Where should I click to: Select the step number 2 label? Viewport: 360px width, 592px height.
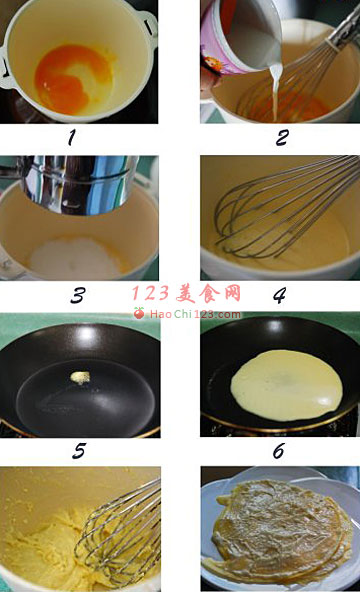(x=282, y=138)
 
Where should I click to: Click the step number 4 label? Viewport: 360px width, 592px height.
(x=279, y=296)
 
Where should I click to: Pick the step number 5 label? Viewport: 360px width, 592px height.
(x=78, y=451)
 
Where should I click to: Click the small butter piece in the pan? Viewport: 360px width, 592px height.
(x=79, y=377)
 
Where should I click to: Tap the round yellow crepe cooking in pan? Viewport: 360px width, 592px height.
(x=285, y=384)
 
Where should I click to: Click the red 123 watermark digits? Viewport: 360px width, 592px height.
(x=149, y=294)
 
